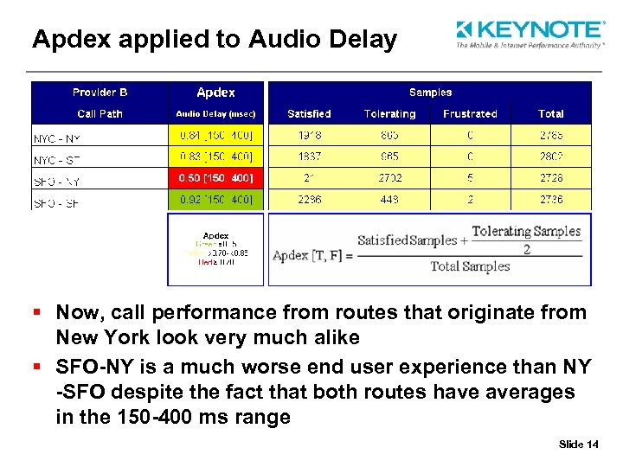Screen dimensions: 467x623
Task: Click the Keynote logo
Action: (530, 35)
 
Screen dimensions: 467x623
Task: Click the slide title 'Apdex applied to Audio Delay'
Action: (215, 39)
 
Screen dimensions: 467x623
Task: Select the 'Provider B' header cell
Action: (100, 93)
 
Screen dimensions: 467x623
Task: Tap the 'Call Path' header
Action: (100, 114)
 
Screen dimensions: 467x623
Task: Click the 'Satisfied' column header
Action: (309, 114)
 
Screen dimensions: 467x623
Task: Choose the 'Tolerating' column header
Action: (389, 114)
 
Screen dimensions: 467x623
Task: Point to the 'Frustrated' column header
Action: (470, 114)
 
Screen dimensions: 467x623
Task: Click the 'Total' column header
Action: (550, 114)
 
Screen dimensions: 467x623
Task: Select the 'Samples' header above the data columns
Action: (430, 93)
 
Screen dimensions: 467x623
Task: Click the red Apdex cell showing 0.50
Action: (215, 177)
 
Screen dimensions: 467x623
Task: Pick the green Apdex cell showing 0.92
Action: (215, 199)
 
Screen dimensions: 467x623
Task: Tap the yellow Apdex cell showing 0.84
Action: (215, 136)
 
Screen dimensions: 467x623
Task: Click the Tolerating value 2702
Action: (389, 177)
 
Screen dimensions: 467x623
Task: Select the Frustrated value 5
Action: (470, 177)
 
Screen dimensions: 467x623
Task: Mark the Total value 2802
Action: (550, 157)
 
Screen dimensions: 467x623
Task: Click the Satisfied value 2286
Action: (309, 199)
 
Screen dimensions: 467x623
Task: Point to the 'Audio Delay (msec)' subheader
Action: (215, 114)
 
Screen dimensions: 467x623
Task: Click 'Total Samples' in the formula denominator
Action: (471, 266)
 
